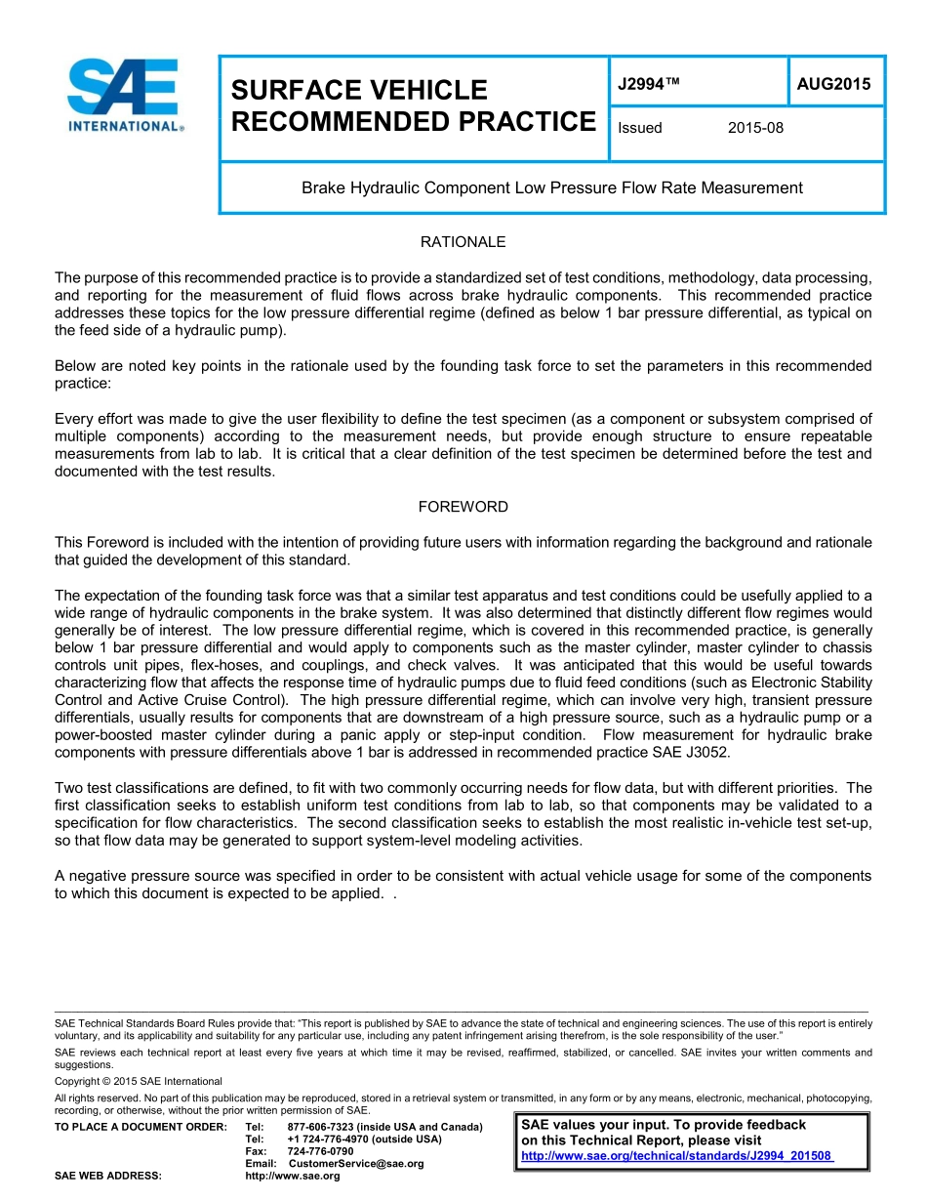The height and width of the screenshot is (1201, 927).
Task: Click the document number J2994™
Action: pos(649,84)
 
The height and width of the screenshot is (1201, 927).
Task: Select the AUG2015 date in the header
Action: pos(833,84)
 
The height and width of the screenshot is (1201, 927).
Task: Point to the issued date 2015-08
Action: pos(755,128)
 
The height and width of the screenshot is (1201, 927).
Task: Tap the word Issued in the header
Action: pos(640,128)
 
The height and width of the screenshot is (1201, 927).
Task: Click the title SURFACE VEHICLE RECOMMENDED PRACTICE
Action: pos(413,105)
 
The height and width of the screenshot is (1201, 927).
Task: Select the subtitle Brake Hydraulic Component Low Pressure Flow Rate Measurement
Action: pos(551,187)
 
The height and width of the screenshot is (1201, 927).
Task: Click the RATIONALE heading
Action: pos(463,241)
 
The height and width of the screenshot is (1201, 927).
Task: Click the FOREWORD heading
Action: pos(463,507)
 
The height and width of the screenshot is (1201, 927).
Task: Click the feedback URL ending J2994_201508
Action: pos(677,1156)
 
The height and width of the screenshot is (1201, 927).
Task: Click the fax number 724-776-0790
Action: pos(320,1151)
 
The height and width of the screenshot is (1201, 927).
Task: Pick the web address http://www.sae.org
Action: pos(293,1176)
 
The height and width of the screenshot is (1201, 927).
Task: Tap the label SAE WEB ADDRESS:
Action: pos(107,1176)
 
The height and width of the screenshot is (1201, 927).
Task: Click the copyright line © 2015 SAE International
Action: pos(139,1081)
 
